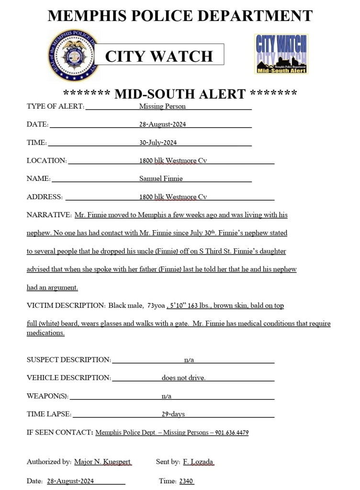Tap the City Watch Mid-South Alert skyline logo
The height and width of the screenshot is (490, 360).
tap(281, 54)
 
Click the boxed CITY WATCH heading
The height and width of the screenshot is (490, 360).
tap(159, 56)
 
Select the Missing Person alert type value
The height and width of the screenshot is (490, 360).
tap(162, 106)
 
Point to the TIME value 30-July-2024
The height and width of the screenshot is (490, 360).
tap(158, 143)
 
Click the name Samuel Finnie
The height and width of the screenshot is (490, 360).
tap(161, 178)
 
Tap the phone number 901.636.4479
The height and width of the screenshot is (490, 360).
tap(232, 433)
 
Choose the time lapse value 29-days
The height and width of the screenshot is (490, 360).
tap(173, 414)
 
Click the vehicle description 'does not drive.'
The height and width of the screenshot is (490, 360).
tap(183, 378)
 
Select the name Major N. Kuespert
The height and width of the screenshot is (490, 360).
tap(102, 462)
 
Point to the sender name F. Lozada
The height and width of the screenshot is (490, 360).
tap(198, 462)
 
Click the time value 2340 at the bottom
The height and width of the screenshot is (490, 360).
tap(186, 481)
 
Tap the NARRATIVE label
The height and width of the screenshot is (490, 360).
tap(49, 215)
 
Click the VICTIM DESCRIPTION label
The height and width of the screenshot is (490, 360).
tap(65, 305)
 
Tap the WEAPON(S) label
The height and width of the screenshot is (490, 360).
tap(47, 396)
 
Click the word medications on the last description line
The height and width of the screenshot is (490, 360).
tap(45, 333)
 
